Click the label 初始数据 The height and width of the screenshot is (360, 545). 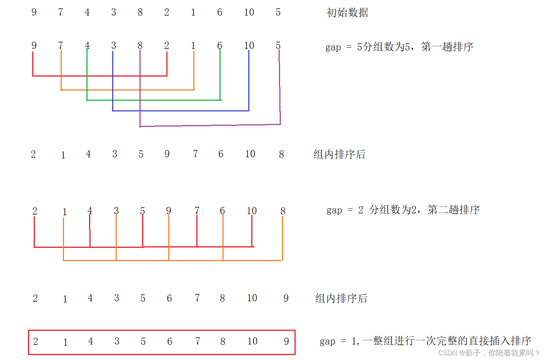pos(347,13)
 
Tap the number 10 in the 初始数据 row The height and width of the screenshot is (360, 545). pos(249,13)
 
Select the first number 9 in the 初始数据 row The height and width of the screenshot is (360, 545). pos(34,13)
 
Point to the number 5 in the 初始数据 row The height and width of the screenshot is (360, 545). pos(278,13)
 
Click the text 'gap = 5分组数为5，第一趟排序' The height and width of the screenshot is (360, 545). pos(399,47)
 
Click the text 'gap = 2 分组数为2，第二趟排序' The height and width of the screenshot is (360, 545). pos(403,210)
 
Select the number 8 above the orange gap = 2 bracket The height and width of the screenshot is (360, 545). pos(283,211)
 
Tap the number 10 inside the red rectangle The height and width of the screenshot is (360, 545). pos(252,341)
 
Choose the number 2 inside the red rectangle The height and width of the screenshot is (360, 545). pos(36,341)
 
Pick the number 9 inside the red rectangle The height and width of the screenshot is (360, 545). pos(287,341)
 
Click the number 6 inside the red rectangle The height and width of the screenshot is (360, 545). pos(170,341)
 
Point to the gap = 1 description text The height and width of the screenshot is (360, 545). pos(425,341)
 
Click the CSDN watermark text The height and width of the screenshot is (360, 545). pos(489,353)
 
